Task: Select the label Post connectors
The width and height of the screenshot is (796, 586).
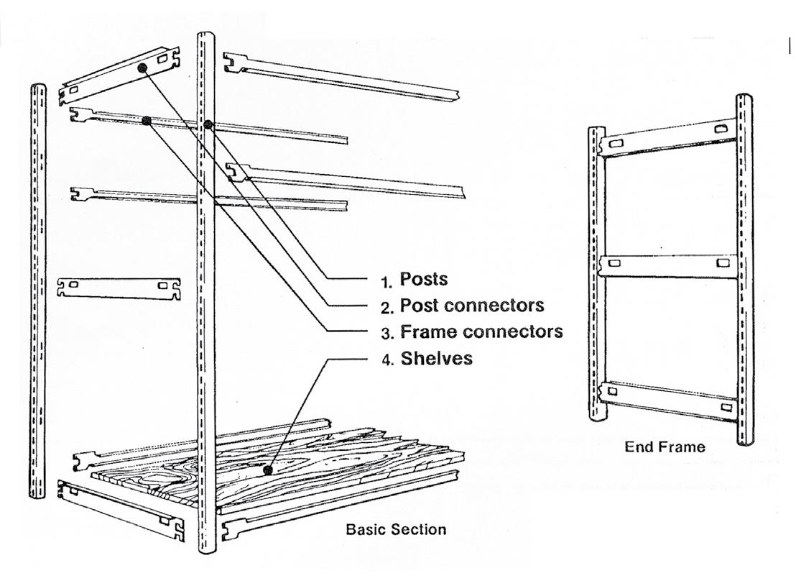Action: [471, 305]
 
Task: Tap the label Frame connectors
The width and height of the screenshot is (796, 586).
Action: [481, 332]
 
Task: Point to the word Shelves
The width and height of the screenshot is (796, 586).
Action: [436, 358]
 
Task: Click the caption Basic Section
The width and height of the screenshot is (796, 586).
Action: [396, 530]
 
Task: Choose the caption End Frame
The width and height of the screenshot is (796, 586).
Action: [665, 447]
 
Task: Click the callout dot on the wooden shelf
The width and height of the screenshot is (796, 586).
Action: [267, 470]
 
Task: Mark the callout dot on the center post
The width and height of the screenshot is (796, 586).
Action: [208, 124]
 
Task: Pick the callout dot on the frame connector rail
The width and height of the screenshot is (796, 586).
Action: [146, 121]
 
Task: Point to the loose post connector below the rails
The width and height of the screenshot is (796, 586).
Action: [119, 288]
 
